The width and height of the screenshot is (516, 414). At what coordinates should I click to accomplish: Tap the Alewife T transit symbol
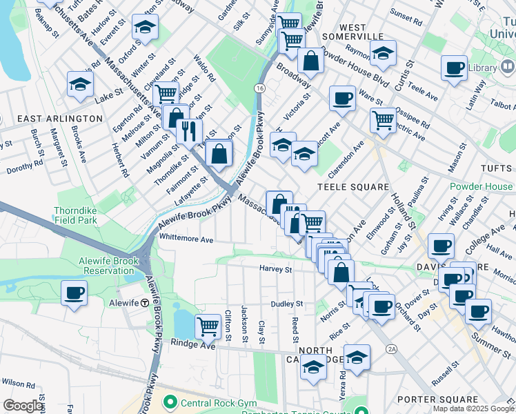(x=145, y=303)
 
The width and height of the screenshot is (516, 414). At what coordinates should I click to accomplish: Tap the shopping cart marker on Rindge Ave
(x=208, y=326)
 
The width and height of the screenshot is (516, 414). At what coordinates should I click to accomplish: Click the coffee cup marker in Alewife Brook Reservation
(x=74, y=293)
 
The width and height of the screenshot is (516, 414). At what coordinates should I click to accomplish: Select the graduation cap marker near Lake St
(x=80, y=85)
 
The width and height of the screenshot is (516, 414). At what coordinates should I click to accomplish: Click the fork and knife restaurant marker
(x=188, y=130)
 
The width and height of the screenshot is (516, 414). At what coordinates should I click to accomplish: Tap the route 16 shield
(x=259, y=88)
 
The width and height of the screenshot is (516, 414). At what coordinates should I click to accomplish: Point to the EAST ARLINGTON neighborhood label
(x=59, y=119)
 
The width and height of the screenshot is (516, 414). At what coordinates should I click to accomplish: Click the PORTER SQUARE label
(x=448, y=400)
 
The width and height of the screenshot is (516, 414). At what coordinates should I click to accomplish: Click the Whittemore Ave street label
(x=186, y=239)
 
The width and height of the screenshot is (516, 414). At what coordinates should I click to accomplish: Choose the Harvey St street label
(x=276, y=268)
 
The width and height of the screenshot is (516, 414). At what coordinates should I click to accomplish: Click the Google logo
(x=23, y=406)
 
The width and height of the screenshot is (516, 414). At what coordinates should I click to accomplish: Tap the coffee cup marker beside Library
(x=454, y=68)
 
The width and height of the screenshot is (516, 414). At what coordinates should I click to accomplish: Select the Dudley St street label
(x=287, y=304)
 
